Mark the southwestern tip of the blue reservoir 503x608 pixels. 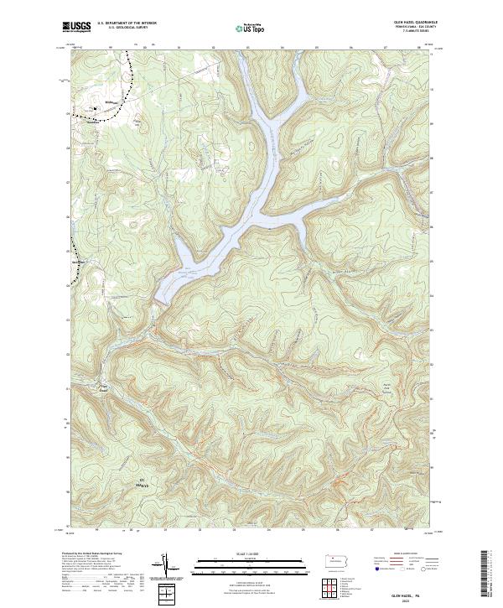(x=158, y=299)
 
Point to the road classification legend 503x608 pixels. (x=411, y=562)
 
